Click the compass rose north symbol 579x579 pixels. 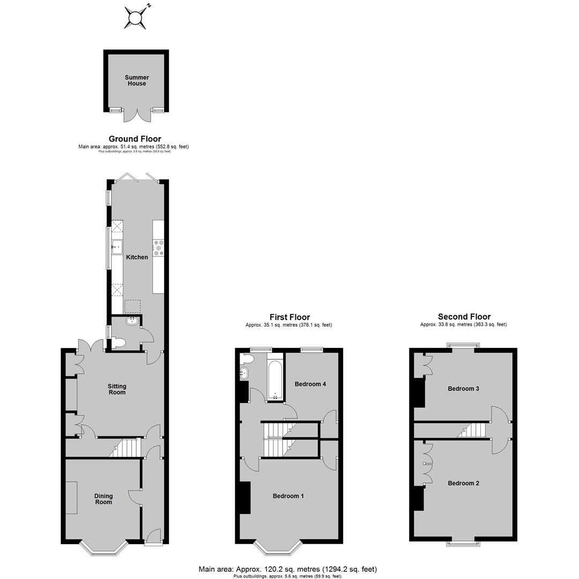136,17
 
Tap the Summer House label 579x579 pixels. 137,80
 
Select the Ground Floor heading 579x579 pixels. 135,139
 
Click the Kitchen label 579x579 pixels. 137,257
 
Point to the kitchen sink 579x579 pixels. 117,247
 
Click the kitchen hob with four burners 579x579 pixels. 159,247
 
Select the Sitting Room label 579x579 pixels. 117,389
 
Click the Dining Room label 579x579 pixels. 103,499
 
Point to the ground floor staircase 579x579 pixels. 125,448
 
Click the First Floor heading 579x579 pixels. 289,317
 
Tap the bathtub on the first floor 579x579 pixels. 275,380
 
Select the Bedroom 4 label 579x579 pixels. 310,384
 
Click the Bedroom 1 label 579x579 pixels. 288,496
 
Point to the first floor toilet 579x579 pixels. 247,359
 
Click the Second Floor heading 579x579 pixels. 464,316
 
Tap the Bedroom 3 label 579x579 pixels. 463,389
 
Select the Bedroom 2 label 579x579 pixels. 463,483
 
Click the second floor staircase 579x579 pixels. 472,430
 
